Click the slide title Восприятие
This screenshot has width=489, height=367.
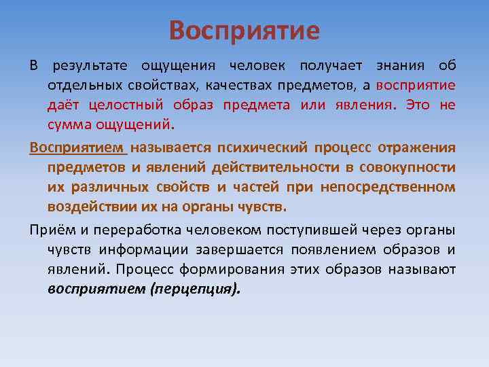click(x=244, y=31)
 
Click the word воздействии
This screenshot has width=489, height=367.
click(x=85, y=206)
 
